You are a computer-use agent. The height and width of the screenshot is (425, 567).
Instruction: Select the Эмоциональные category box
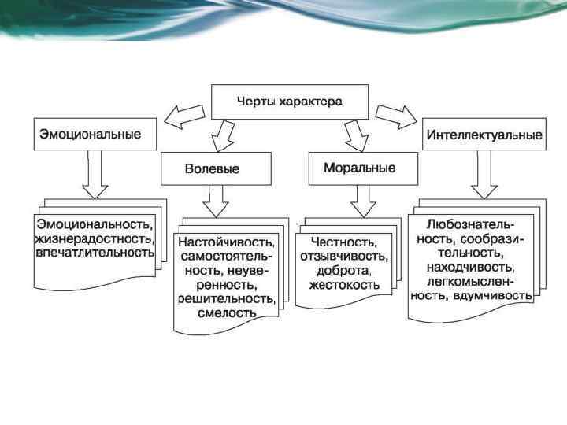pyautogui.click(x=94, y=135)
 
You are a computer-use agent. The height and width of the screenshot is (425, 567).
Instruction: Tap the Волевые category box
pyautogui.click(x=217, y=168)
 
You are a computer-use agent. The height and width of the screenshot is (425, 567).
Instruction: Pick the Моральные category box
pyautogui.click(x=359, y=168)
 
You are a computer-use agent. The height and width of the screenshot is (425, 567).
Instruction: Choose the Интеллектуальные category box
pyautogui.click(x=484, y=135)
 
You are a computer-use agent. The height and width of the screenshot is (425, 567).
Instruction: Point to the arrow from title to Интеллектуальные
pyautogui.click(x=396, y=116)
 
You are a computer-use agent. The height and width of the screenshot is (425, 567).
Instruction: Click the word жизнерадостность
pyautogui.click(x=95, y=238)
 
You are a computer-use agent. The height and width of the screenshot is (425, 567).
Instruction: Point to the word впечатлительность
pyautogui.click(x=94, y=253)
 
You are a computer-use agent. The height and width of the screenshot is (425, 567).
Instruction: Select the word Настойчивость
pyautogui.click(x=226, y=242)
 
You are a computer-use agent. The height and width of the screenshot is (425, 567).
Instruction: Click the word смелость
pyautogui.click(x=228, y=312)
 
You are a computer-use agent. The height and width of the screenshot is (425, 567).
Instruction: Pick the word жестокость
pyautogui.click(x=345, y=284)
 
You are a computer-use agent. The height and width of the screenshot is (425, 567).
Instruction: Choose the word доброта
pyautogui.click(x=341, y=270)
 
